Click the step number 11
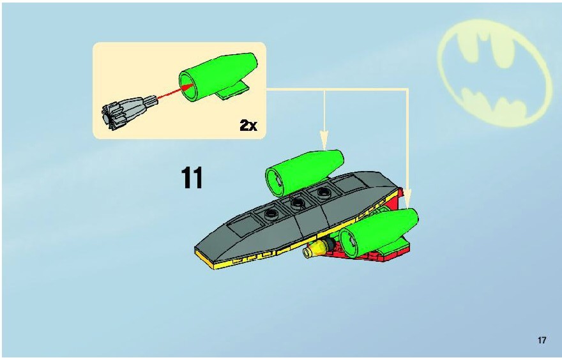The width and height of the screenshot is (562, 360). point(192,177)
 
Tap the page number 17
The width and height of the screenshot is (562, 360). point(541,340)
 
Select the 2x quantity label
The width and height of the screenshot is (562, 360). point(248,125)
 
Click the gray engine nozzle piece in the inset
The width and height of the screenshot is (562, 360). point(128,112)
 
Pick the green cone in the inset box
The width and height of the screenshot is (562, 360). point(218,77)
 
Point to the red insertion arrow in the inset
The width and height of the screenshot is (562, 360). point(174,92)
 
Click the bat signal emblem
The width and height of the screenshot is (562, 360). point(494,73)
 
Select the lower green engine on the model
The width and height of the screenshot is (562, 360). point(379,232)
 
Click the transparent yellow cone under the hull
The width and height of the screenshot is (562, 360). point(315,249)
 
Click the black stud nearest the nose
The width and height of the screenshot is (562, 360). point(271,214)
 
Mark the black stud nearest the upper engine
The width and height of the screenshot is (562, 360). point(323,192)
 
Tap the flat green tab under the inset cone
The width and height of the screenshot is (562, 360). point(233,91)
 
